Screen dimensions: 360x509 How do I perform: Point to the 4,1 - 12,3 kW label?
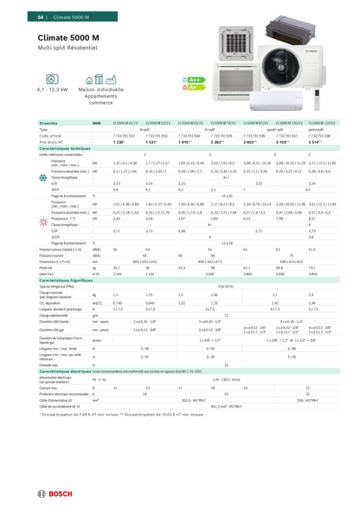click(x=52, y=89)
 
